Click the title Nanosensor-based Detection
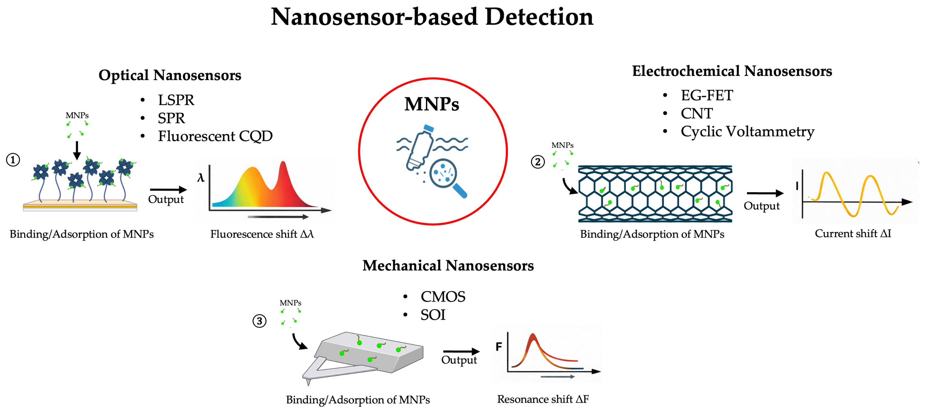pyautogui.click(x=432, y=17)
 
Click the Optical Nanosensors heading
pyautogui.click(x=170, y=75)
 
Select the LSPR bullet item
pyautogui.click(x=176, y=100)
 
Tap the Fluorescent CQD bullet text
pyautogui.click(x=215, y=136)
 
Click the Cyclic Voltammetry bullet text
pyautogui.click(x=747, y=131)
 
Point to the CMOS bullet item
pyautogui.click(x=443, y=297)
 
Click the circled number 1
pyautogui.click(x=13, y=160)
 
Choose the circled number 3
pyautogui.click(x=259, y=321)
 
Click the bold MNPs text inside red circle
pyautogui.click(x=432, y=104)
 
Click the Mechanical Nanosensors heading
pyautogui.click(x=448, y=266)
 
